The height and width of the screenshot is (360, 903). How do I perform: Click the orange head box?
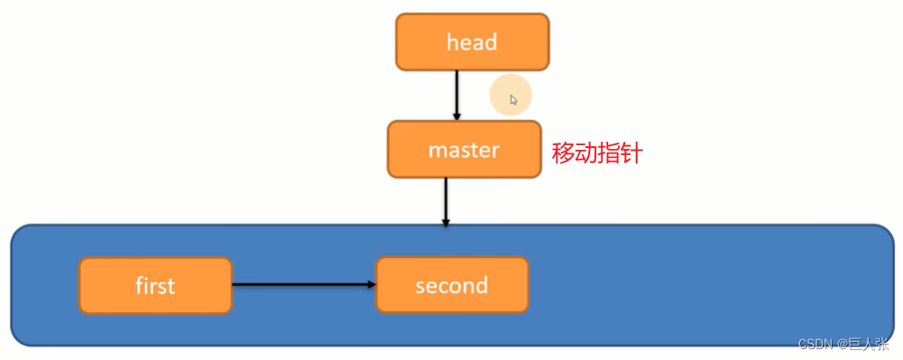point(472,42)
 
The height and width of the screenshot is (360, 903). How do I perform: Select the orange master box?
point(464,149)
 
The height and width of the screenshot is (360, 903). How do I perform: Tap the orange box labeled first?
point(155,286)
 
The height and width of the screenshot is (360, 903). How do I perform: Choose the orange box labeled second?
point(451,286)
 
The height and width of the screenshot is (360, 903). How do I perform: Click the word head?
point(472,42)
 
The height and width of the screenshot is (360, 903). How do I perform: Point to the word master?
point(464,149)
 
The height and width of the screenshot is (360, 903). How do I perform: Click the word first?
point(155,286)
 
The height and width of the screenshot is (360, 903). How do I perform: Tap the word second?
point(451,286)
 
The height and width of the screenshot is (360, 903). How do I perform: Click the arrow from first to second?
point(302,285)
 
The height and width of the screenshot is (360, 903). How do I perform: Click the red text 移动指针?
point(596,153)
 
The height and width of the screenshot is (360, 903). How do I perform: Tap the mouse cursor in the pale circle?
point(513,100)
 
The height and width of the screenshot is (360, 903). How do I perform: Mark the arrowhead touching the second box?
point(370,285)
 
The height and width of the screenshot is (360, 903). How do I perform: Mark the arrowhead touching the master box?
point(456,115)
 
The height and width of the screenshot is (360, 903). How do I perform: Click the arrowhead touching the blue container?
point(446,220)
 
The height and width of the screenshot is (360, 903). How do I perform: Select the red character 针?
point(631,153)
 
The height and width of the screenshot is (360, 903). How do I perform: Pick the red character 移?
point(563,153)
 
